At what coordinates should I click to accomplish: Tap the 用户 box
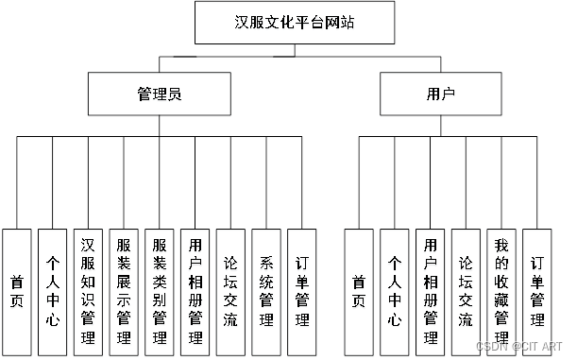pyautogui.click(x=441, y=94)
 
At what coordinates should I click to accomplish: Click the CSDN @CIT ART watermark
pyautogui.click(x=518, y=347)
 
